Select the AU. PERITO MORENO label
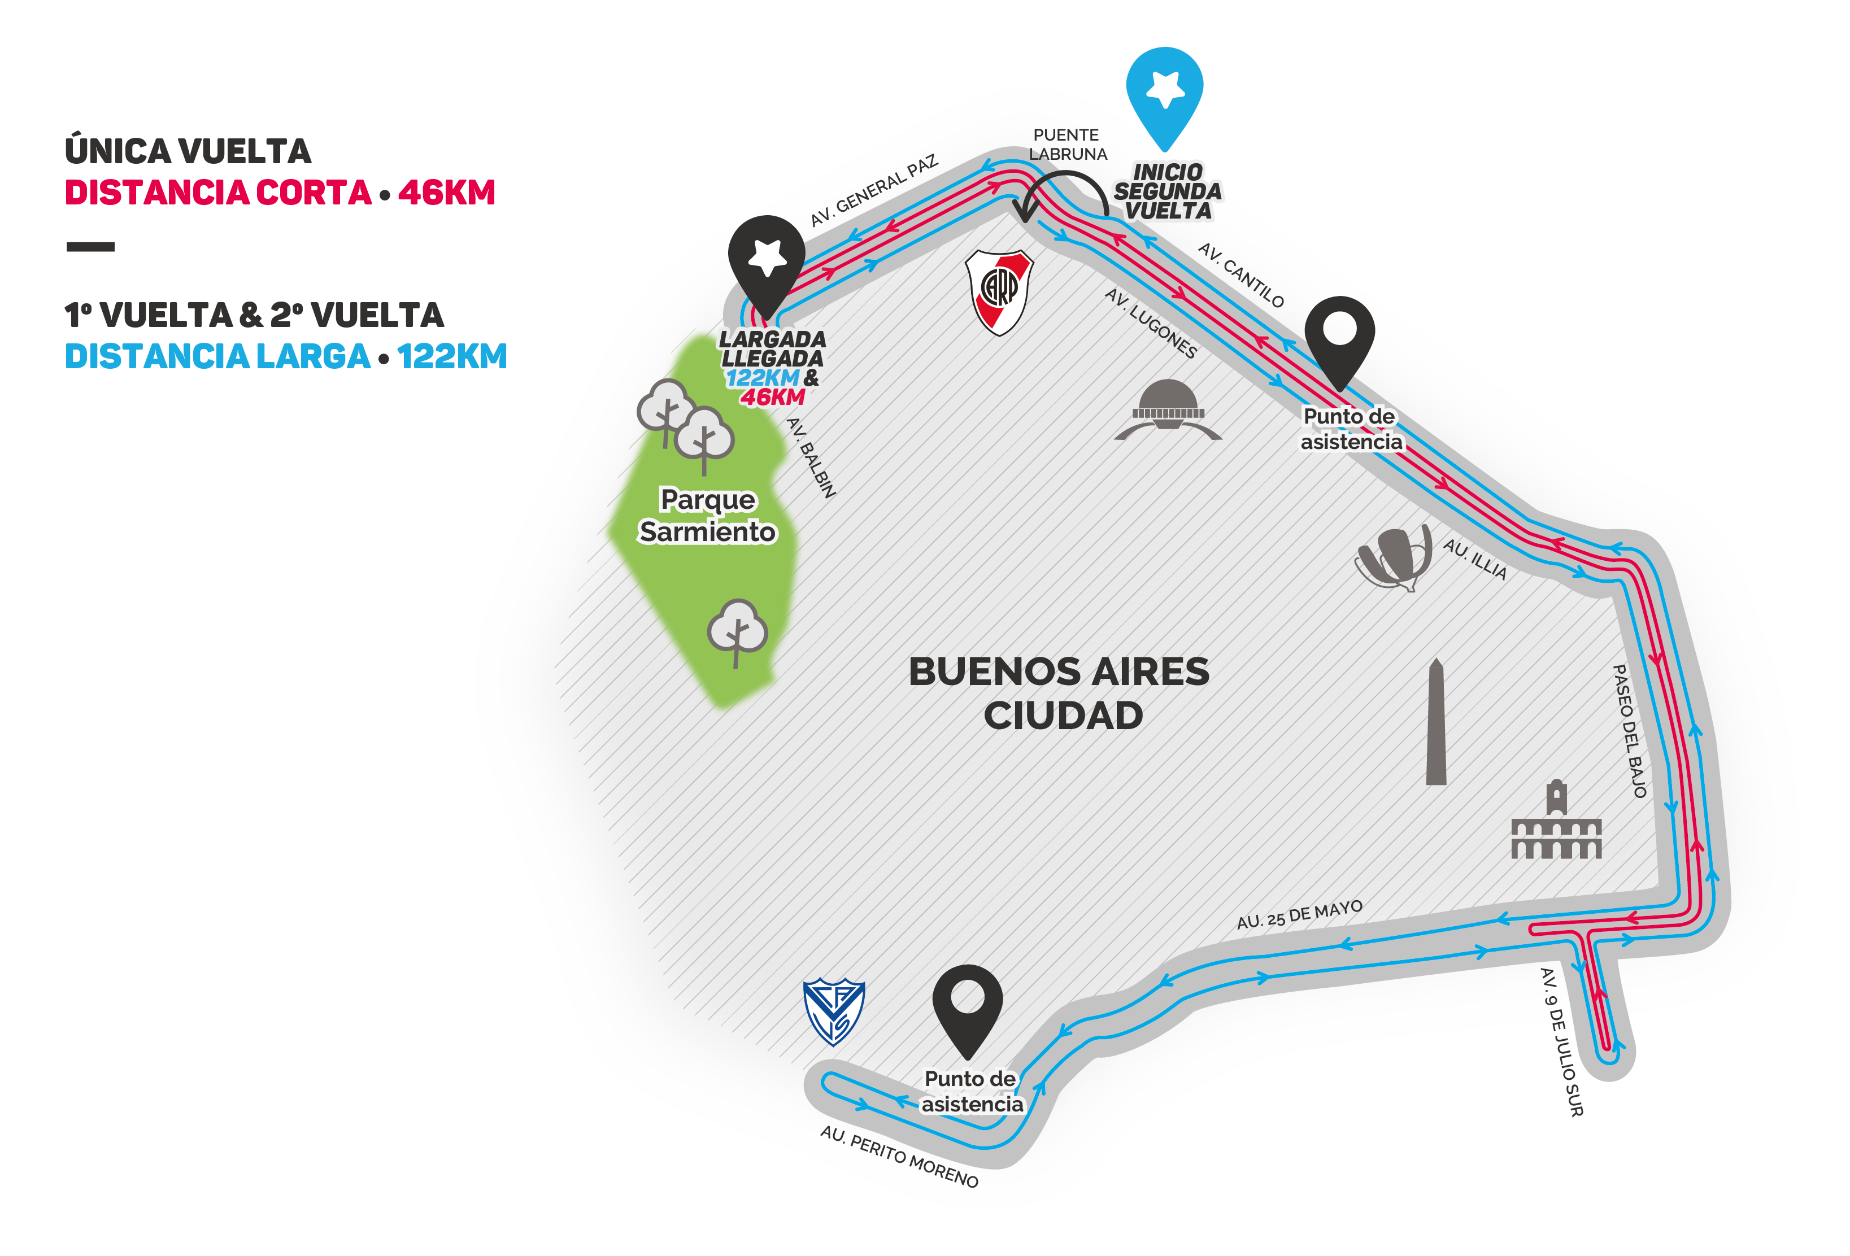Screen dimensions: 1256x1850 [899, 1155]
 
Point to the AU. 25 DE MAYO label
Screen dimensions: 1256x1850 [1299, 915]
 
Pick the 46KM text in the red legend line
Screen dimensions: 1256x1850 [447, 193]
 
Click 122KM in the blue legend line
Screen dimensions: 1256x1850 [452, 356]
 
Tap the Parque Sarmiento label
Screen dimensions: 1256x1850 [708, 515]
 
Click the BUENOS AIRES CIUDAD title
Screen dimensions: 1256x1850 [1060, 692]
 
